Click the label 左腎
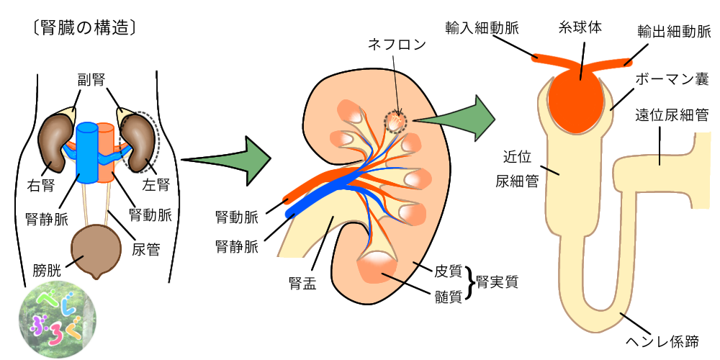click(158, 184)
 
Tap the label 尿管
click(146, 249)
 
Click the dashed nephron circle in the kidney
click(395, 121)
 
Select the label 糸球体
click(580, 28)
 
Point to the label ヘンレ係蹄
click(667, 338)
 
